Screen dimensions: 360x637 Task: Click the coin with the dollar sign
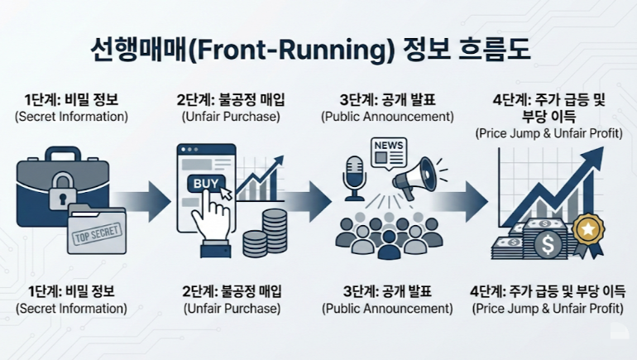click(546, 243)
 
